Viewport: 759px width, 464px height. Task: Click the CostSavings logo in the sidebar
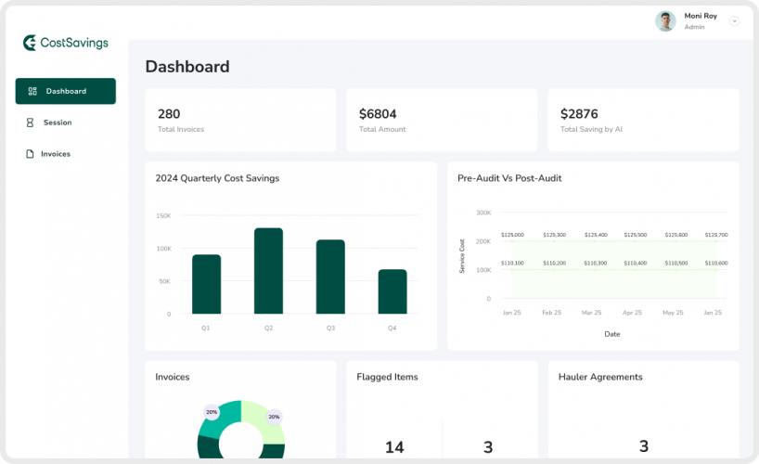coord(65,43)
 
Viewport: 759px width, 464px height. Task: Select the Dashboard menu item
coord(65,91)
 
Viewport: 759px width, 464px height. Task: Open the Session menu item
coord(57,122)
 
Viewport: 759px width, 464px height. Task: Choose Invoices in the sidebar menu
coord(55,154)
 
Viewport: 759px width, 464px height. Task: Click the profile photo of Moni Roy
coord(665,20)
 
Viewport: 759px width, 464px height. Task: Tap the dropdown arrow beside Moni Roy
coord(734,20)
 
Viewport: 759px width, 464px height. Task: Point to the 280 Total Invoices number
coord(169,114)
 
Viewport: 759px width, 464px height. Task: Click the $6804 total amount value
coord(378,114)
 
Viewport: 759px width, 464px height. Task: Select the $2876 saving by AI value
coord(579,114)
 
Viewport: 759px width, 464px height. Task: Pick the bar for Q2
coord(268,271)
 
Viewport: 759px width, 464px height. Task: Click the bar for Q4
coord(392,291)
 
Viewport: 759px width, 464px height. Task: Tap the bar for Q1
coord(206,284)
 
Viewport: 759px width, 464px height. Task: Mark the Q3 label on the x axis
coord(330,329)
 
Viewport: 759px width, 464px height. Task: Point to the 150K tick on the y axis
coord(162,215)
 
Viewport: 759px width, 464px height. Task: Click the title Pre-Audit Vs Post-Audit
coord(509,178)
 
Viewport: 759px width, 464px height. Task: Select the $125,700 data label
coord(715,236)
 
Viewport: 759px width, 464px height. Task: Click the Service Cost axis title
coord(462,256)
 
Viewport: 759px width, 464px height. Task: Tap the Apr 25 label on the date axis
coord(632,313)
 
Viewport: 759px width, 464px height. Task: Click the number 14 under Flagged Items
coord(394,447)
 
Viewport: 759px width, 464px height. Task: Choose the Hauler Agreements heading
coord(600,377)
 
